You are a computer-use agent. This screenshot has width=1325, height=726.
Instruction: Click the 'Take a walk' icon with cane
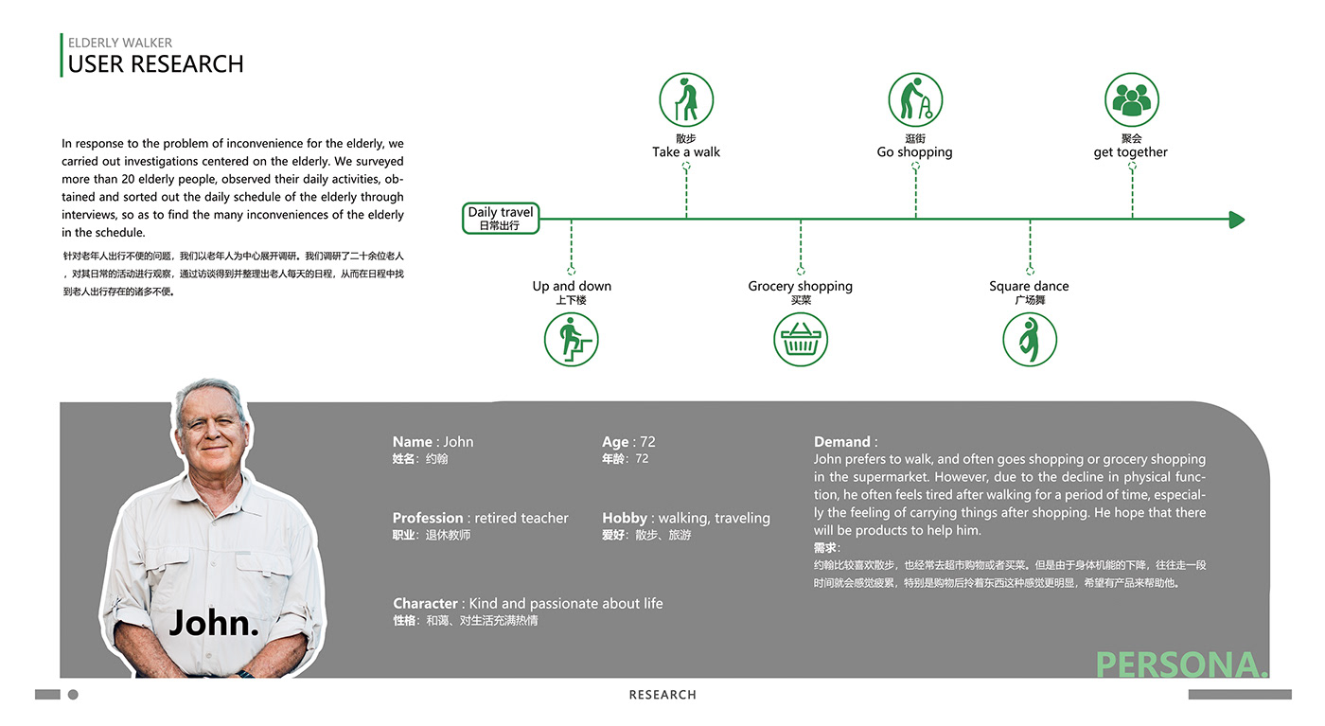point(686,100)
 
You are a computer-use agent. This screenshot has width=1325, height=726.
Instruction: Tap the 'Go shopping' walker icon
point(915,100)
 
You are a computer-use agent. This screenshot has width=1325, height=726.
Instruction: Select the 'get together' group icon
point(1132,100)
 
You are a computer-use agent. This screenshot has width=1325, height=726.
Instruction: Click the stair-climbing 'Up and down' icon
point(572,340)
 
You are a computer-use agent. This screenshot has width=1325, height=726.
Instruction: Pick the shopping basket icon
point(801,340)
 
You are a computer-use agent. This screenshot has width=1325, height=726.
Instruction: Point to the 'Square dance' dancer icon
point(1030,340)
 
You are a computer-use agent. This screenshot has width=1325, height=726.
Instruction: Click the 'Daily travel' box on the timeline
point(501,218)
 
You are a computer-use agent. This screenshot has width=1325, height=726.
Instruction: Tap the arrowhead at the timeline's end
point(1236,220)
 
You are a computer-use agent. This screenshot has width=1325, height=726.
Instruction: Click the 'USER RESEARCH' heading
point(156,64)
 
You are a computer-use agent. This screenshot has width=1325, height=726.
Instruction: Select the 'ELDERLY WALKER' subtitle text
point(120,43)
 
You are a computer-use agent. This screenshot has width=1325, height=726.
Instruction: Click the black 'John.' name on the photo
point(214,623)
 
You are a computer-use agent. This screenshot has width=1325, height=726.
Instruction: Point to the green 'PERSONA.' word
point(1181,664)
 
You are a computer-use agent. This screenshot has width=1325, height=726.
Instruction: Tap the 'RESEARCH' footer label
point(662,695)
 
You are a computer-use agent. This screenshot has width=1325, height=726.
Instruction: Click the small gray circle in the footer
point(73,695)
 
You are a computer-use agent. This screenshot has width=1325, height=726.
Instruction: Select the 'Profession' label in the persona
point(428,518)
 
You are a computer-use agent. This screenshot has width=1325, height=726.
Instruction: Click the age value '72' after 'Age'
point(647,442)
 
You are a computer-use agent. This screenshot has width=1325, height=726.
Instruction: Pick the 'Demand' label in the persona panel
point(842,442)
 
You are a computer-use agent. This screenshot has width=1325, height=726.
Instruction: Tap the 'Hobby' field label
point(625,518)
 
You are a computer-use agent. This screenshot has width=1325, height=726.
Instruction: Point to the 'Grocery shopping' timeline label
point(801,286)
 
